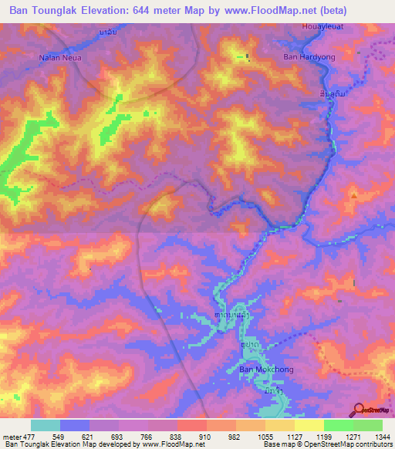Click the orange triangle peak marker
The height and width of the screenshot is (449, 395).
click(x=353, y=195)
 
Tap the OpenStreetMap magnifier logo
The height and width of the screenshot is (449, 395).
click(x=359, y=410)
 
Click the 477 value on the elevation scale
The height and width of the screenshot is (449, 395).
click(x=30, y=436)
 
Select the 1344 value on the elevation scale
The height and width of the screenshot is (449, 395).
click(x=381, y=436)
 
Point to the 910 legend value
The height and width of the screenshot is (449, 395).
click(x=205, y=436)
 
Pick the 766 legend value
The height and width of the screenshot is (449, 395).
click(x=147, y=436)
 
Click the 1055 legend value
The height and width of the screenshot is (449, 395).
click(x=264, y=436)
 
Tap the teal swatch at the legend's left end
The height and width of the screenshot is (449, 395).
click(x=46, y=425)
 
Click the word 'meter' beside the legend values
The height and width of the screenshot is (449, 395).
click(x=11, y=436)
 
